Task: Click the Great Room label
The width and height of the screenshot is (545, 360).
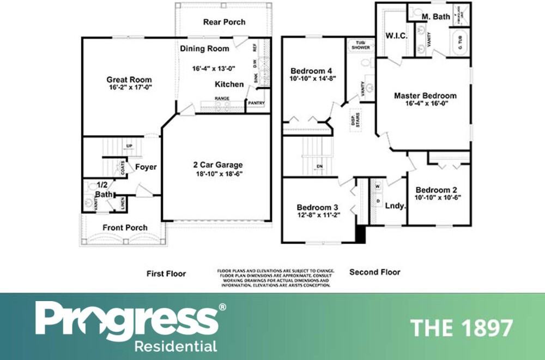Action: (x=129, y=80)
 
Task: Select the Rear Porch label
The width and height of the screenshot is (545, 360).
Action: (x=224, y=22)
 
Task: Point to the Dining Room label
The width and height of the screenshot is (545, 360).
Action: (x=204, y=49)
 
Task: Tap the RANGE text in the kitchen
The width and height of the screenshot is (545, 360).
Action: (x=221, y=98)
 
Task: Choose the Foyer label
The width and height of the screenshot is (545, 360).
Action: (x=146, y=167)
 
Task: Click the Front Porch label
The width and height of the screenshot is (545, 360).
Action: (x=125, y=227)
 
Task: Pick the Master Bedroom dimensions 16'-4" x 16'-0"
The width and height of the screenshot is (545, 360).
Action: (x=425, y=104)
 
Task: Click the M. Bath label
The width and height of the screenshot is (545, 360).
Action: (x=437, y=17)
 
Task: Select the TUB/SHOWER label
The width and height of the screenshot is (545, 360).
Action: (x=360, y=45)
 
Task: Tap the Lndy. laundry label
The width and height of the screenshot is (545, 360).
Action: (x=395, y=206)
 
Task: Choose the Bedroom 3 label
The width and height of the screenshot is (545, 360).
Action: (x=317, y=207)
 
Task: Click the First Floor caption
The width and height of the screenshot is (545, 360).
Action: (x=166, y=273)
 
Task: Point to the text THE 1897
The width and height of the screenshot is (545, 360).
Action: (x=461, y=328)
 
